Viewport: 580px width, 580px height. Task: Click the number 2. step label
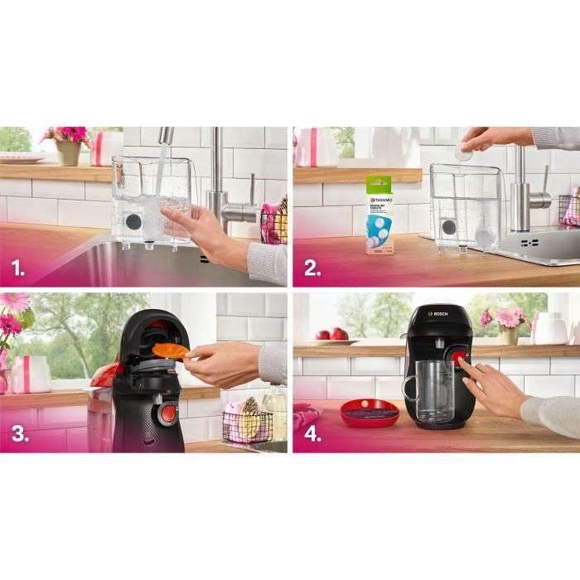tap(312, 268)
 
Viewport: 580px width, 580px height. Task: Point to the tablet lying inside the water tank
tap(485, 237)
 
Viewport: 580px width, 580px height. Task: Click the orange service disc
tap(169, 350)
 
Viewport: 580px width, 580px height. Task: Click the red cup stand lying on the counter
tap(370, 411)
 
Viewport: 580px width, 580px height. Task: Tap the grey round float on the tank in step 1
tap(134, 222)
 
